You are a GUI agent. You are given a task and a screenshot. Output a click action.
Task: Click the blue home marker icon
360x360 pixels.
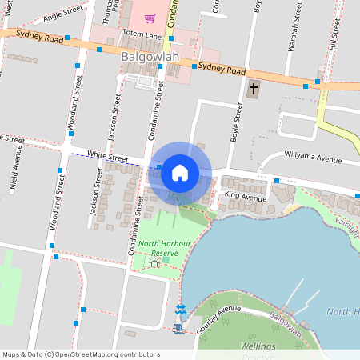180,172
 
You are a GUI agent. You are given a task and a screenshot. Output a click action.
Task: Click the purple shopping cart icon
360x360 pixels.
150,18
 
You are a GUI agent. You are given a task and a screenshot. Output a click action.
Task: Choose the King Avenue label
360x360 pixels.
245,196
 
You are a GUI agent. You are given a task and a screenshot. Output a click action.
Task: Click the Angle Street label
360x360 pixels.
65,12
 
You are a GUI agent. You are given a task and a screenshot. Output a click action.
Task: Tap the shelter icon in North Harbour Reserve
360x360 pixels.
154,264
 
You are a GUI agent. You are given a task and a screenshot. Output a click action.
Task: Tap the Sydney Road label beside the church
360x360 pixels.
222,70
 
